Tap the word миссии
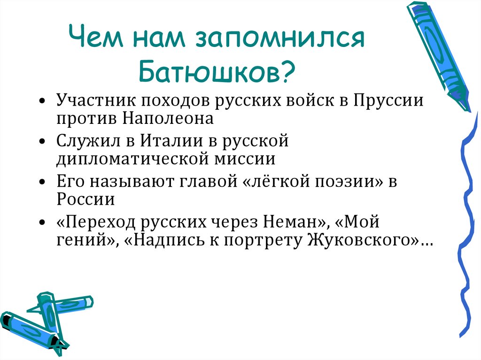coord(248,158)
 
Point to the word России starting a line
coord(86,199)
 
